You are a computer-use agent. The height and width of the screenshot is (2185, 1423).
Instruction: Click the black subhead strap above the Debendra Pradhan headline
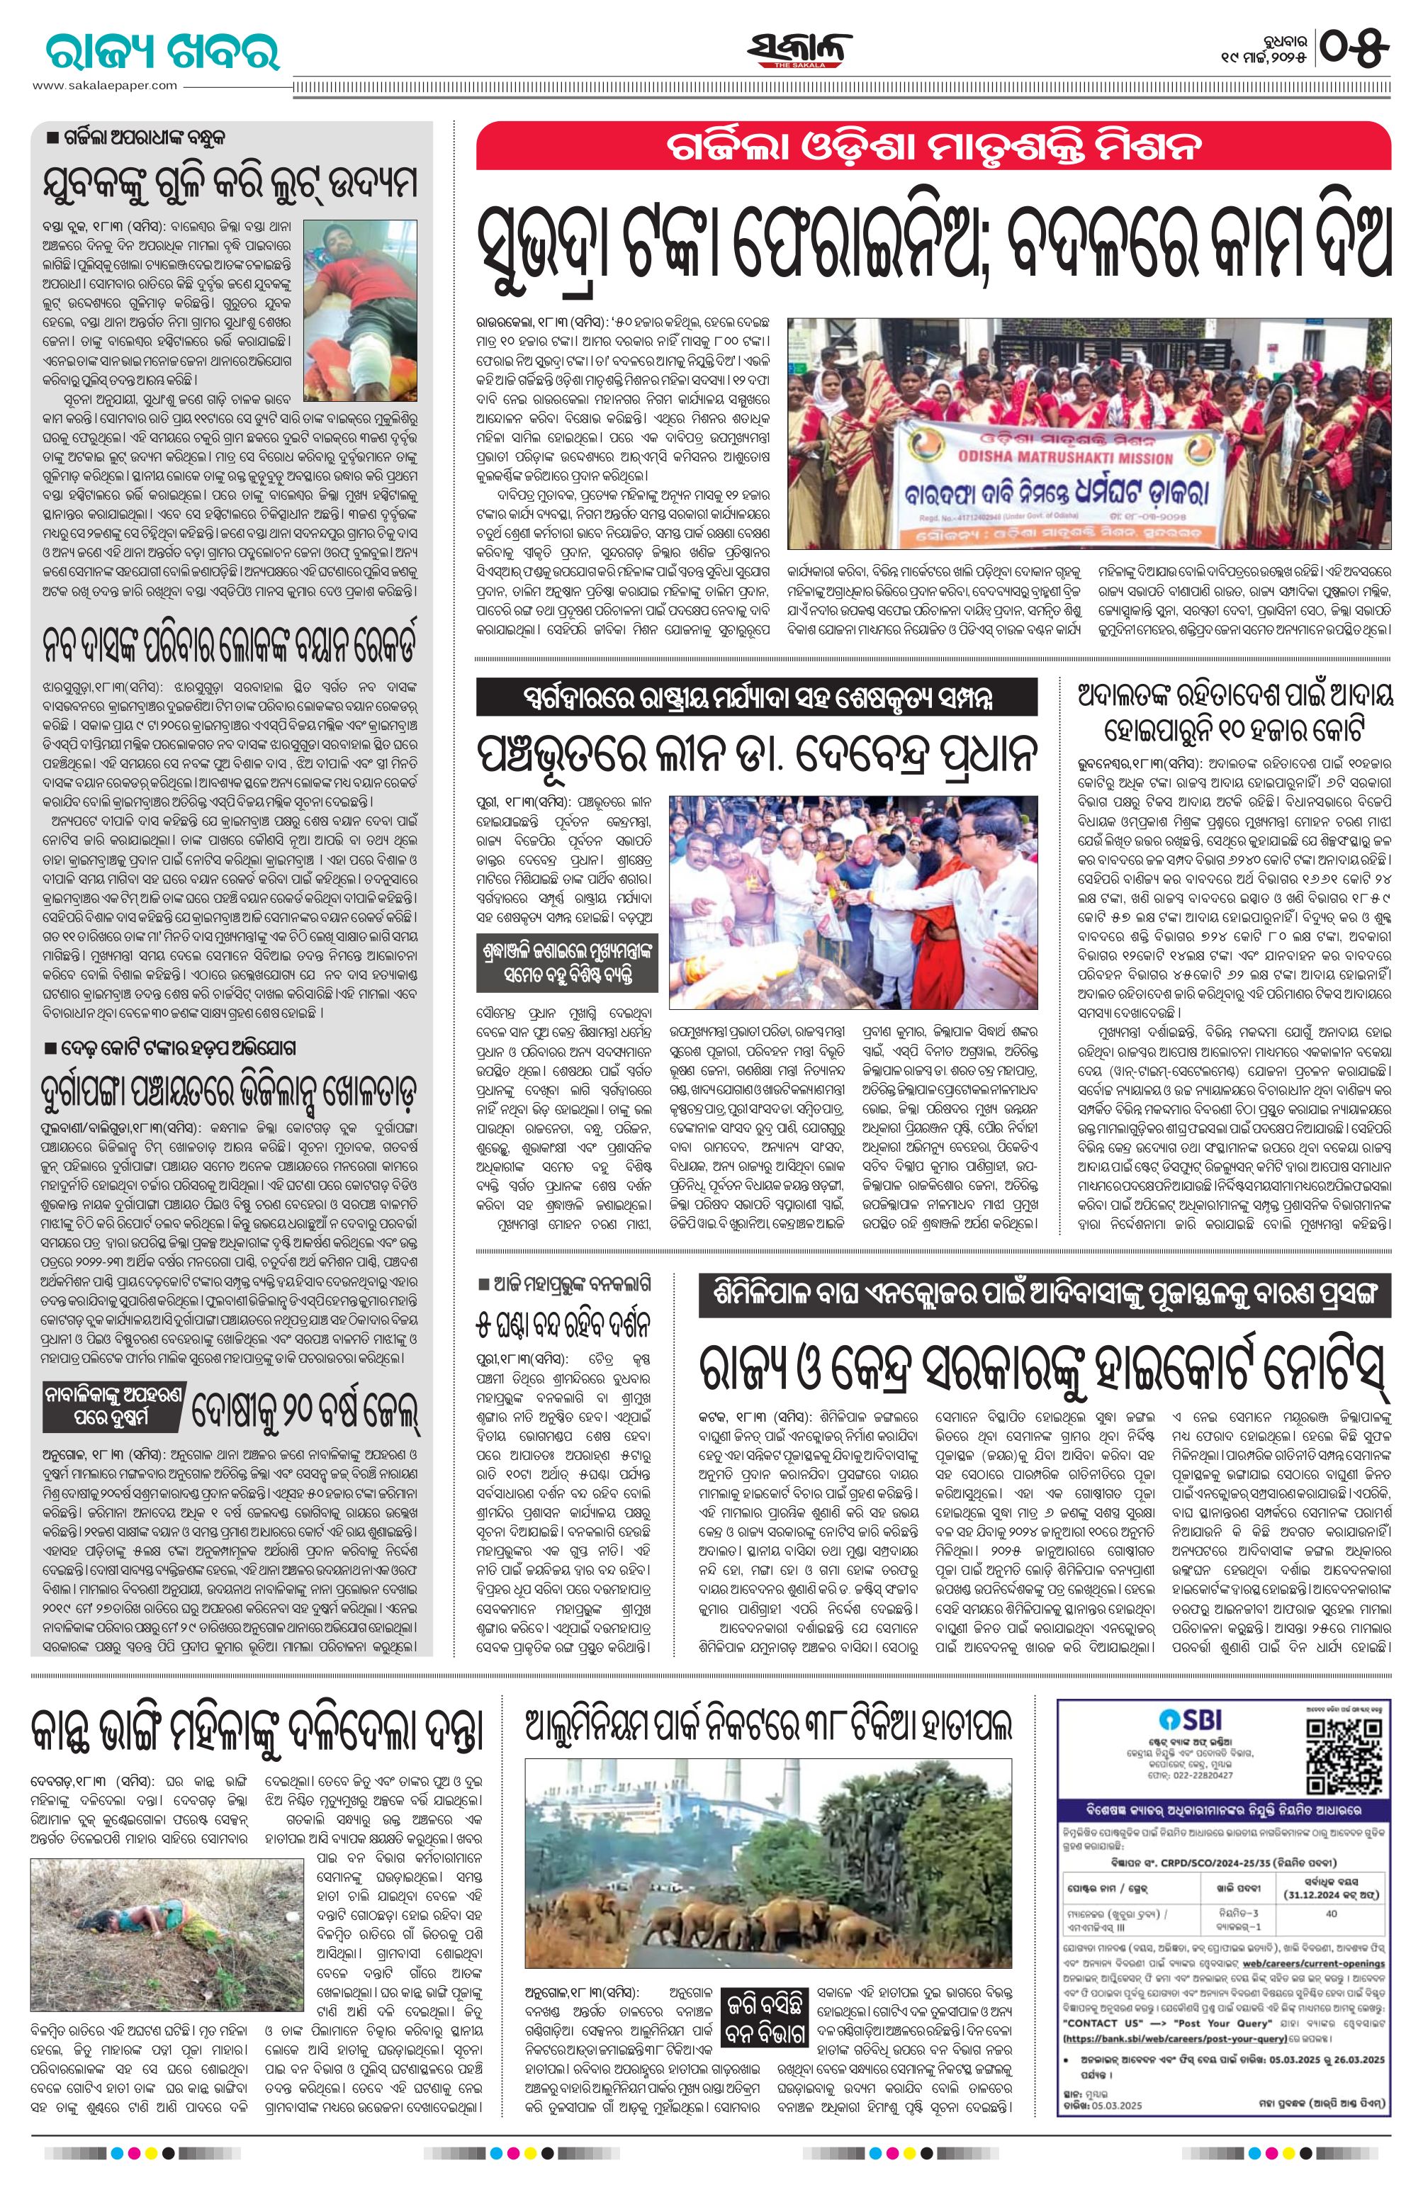click(x=755, y=697)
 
